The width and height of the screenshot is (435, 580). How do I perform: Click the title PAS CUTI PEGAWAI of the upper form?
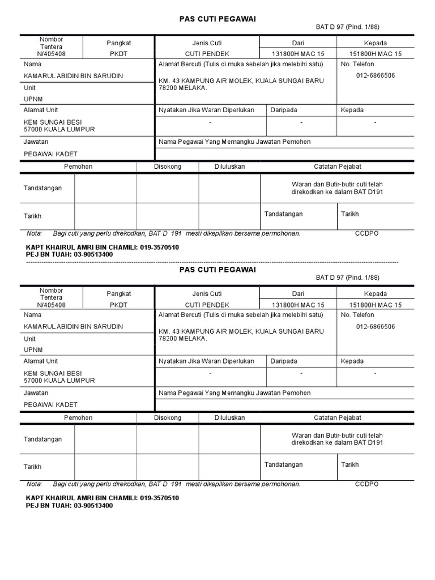point(217,19)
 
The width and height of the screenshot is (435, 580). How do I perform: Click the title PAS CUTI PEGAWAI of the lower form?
point(217,270)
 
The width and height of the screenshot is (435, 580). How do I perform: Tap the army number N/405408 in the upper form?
point(51,54)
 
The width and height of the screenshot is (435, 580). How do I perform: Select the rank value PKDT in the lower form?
point(119,305)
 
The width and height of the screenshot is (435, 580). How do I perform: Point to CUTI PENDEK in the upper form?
point(207,54)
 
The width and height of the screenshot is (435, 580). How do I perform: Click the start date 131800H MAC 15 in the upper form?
point(298,54)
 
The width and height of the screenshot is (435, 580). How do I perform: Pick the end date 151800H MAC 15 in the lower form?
point(376,305)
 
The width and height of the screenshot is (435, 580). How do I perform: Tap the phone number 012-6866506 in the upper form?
point(376,75)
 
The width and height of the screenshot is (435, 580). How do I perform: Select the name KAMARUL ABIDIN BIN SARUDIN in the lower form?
point(73,327)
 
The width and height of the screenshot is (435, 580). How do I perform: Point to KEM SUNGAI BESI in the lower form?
point(53,373)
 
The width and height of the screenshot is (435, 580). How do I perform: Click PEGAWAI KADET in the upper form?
point(50,154)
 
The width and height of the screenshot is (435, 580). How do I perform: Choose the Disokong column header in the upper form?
point(168,167)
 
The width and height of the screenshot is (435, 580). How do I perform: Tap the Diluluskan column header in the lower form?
point(229,417)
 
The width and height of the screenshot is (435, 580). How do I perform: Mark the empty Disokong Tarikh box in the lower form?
point(168,467)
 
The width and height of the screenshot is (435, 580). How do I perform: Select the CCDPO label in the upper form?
point(366,233)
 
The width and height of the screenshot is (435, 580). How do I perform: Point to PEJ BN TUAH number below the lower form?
point(93,506)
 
